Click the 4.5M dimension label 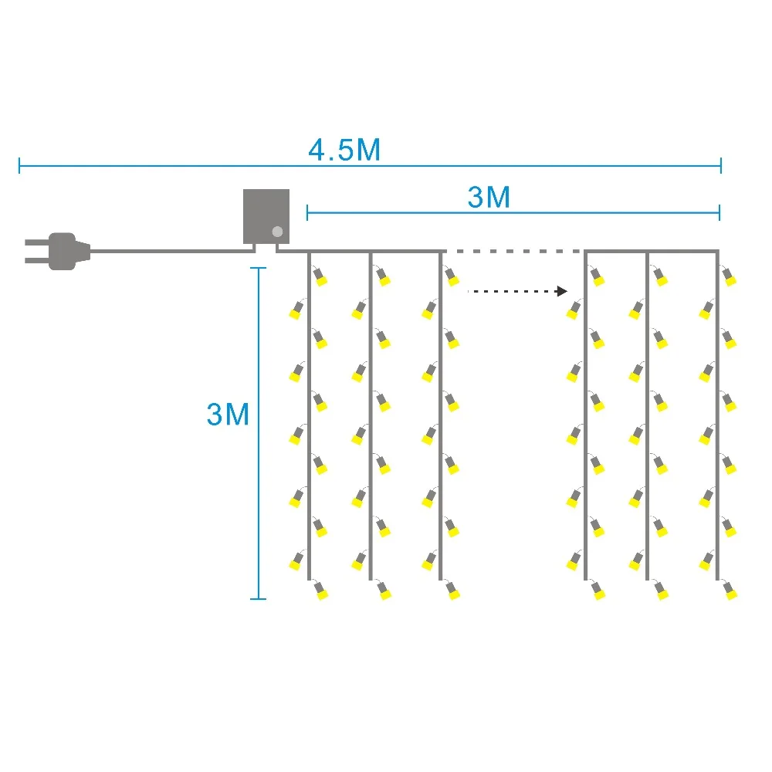pyautogui.click(x=344, y=149)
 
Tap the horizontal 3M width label pyautogui.click(x=489, y=198)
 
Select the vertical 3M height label pyautogui.click(x=228, y=415)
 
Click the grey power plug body pyautogui.click(x=63, y=251)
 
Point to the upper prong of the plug pyautogui.click(x=36, y=242)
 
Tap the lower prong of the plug pyautogui.click(x=36, y=259)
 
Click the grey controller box pyautogui.click(x=266, y=216)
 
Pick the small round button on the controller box pyautogui.click(x=277, y=231)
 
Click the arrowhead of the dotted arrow pyautogui.click(x=563, y=291)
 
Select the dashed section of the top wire pyautogui.click(x=513, y=251)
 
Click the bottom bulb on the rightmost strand pyautogui.click(x=730, y=592)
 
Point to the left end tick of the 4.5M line pyautogui.click(x=19, y=164)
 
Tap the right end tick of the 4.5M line pyautogui.click(x=720, y=164)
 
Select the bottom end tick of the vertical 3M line pyautogui.click(x=259, y=598)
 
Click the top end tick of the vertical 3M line pyautogui.click(x=259, y=268)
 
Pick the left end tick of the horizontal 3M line pyautogui.click(x=307, y=212)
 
